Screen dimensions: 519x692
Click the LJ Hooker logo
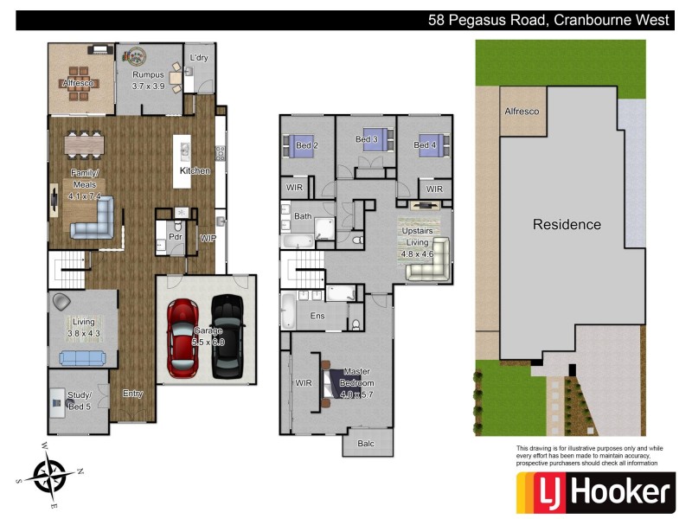[x=594, y=493]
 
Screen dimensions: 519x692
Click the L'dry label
[x=200, y=60]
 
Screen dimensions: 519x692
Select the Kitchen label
[x=195, y=170]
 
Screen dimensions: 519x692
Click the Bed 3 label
[x=368, y=139]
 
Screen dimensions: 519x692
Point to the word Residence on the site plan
[x=567, y=224]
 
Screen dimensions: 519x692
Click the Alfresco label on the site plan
[x=522, y=112]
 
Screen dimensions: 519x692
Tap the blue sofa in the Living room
[x=82, y=358]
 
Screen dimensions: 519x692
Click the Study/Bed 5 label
[x=79, y=400]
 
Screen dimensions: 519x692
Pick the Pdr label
[x=174, y=235]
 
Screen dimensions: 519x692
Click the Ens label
[x=317, y=316]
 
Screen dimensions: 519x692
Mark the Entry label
[x=132, y=394]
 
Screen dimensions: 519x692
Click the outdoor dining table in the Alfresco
[x=80, y=83]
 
